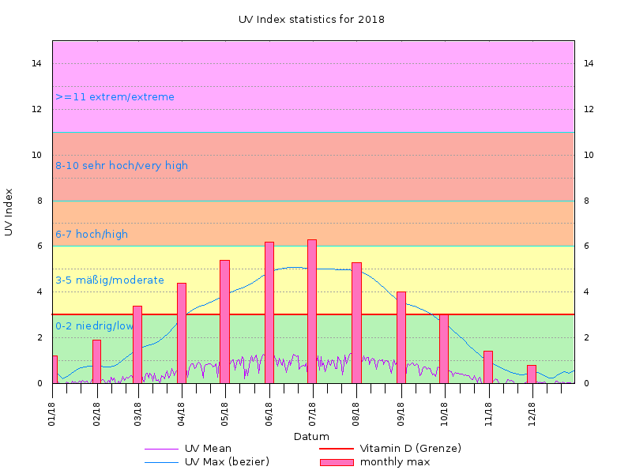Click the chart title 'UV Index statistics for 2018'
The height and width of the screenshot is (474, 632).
311,19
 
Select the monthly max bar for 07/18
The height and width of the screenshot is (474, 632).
312,311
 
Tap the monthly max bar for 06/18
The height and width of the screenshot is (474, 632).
269,312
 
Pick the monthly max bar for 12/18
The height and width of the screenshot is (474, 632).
532,374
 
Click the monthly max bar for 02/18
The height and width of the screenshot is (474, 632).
96,362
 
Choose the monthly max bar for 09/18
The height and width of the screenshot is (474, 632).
401,337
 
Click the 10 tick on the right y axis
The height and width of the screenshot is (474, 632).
589,155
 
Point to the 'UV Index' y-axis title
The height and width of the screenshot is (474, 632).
9,212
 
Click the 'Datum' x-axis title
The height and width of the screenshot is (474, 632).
311,436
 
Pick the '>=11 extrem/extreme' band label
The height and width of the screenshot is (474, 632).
115,97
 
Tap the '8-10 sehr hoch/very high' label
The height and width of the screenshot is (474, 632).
122,166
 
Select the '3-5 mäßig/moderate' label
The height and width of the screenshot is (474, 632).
110,280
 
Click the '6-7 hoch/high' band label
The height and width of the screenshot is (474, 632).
92,235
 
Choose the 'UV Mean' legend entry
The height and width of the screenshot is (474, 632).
208,449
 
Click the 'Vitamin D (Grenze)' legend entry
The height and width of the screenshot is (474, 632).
410,449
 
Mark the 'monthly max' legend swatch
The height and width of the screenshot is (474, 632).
337,462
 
